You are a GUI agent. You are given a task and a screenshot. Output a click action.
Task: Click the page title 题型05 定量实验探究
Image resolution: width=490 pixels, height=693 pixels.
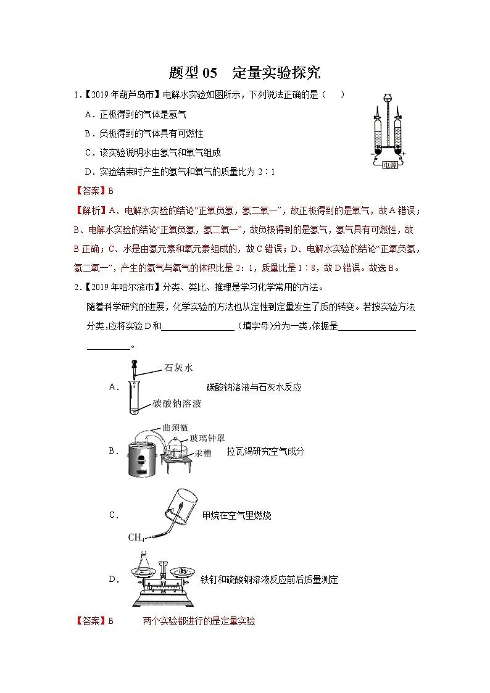(x=244, y=72)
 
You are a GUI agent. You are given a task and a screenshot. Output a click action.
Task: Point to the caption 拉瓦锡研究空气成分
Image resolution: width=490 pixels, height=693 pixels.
(x=265, y=451)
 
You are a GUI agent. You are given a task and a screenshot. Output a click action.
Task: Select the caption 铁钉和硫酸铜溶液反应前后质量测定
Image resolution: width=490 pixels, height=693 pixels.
(x=269, y=580)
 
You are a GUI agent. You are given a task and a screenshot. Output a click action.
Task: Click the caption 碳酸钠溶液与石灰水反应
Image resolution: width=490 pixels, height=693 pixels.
(x=254, y=387)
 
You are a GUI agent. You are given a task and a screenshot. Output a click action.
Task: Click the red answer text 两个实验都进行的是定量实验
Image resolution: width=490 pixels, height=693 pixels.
(x=199, y=621)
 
